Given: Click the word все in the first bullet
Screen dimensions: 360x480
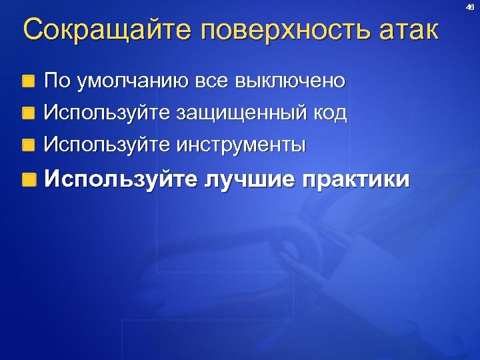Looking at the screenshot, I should click(x=211, y=82).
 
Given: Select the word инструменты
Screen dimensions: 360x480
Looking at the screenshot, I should click(x=241, y=144).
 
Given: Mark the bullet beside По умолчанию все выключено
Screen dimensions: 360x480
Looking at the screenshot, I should click(x=28, y=83).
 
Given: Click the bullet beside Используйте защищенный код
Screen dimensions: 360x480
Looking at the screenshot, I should click(x=28, y=113).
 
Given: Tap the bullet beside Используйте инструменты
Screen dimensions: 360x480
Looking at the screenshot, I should click(x=28, y=144).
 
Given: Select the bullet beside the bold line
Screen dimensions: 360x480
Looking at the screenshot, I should click(x=28, y=180).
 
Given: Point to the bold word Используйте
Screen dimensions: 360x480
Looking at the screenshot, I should click(x=120, y=180).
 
